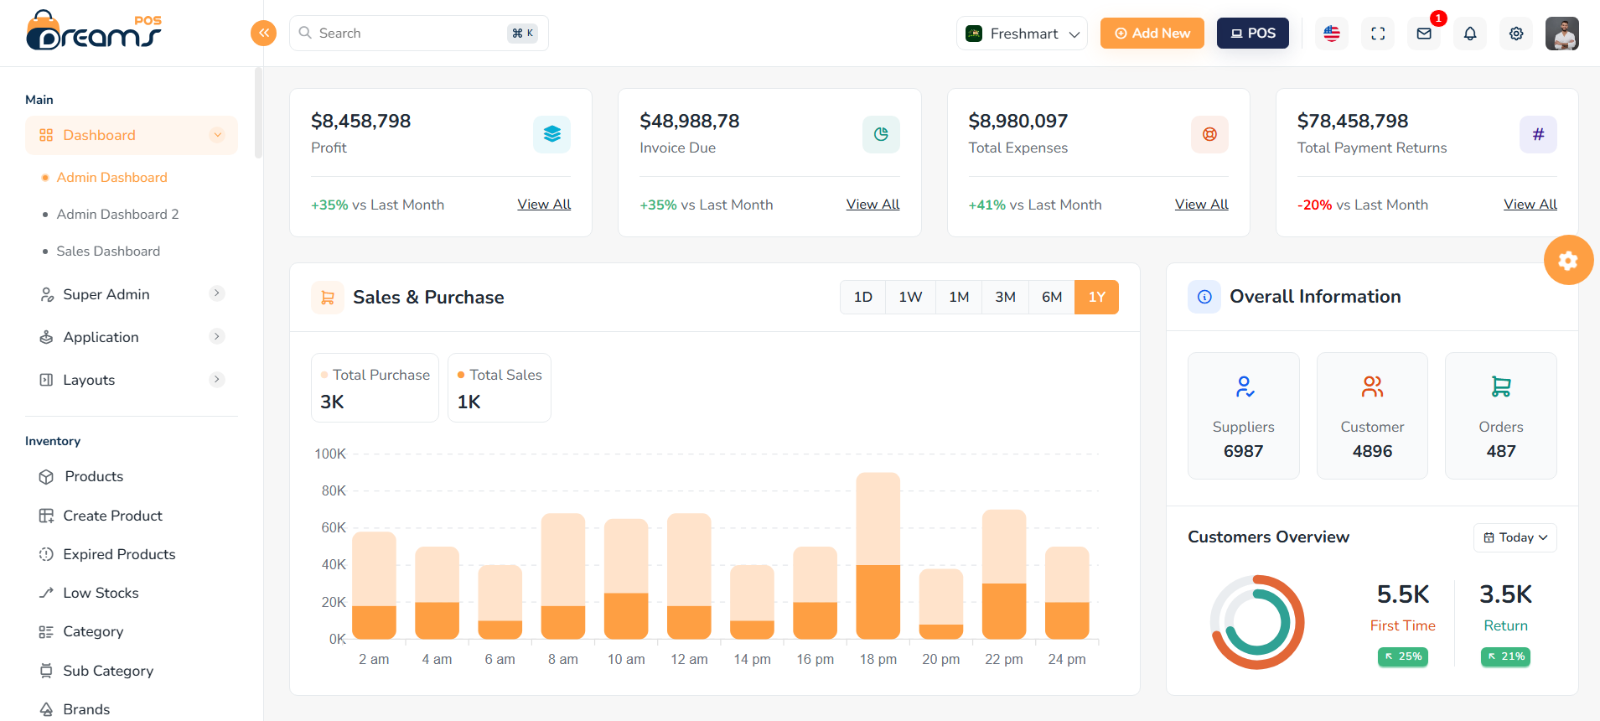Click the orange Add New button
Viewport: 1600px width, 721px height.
coord(1152,34)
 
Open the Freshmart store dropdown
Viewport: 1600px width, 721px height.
coord(1022,34)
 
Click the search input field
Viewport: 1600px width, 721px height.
coord(402,34)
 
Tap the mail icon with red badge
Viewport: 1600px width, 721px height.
coord(1423,34)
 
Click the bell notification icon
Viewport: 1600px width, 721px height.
coord(1469,34)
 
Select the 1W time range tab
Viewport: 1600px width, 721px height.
coord(909,297)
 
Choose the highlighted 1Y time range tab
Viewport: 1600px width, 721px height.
coord(1095,297)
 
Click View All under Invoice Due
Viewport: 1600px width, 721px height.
coord(872,205)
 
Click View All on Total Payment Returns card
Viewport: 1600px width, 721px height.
coord(1529,205)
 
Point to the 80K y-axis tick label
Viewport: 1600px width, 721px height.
coord(334,491)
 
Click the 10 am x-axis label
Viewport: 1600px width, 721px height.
coord(626,659)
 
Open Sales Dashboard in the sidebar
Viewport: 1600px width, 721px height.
coord(108,252)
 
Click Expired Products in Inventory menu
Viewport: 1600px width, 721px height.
coord(119,554)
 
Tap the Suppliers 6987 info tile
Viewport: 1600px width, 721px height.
coord(1243,416)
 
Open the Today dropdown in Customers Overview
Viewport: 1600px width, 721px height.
coord(1515,537)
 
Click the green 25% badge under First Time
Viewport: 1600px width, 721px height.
coord(1402,656)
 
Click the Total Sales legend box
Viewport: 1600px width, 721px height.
coord(499,387)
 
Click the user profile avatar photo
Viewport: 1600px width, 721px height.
coord(1561,34)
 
